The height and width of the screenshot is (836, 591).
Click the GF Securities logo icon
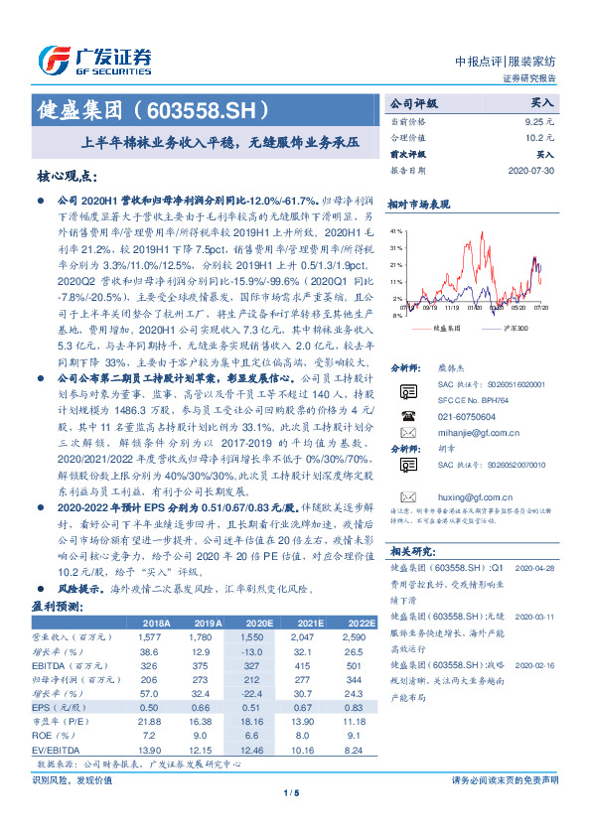55,60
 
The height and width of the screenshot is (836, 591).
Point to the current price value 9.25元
539,119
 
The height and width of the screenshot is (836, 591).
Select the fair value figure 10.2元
539,137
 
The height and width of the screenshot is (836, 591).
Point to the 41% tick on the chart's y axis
395,229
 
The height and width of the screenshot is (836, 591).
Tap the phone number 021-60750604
467,389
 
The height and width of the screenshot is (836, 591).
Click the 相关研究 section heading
410,550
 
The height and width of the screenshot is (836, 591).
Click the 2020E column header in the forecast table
261,623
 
